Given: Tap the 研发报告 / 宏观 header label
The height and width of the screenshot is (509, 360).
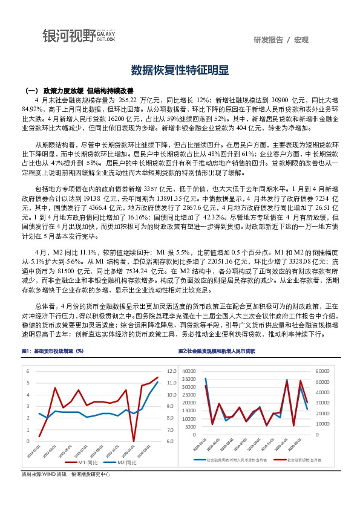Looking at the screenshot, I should tap(281, 40).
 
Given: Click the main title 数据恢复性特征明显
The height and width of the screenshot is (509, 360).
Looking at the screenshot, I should tap(180, 70).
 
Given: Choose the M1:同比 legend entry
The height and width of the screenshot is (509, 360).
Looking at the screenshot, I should tap(87, 462).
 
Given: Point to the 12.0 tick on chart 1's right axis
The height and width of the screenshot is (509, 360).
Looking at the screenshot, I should tap(171, 371).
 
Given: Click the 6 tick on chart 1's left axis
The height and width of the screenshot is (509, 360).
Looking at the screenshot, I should tap(28, 371).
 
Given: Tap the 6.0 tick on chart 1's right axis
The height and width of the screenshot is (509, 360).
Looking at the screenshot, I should tap(171, 441).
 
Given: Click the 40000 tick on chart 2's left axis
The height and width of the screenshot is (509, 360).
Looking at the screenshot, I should tap(189, 371).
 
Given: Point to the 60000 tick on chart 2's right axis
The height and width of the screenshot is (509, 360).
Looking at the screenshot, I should tap(321, 371).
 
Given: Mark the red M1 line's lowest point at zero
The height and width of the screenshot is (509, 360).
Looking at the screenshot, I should tap(134, 441).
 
